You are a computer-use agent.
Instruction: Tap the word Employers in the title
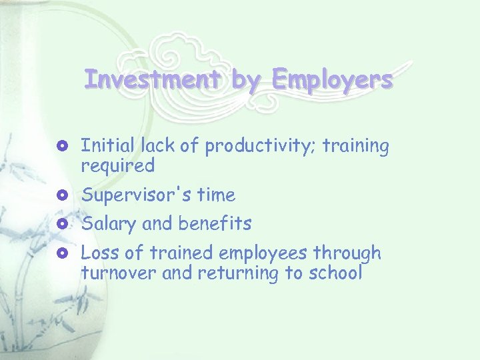(x=332, y=81)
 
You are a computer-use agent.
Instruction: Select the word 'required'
(x=117, y=165)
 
